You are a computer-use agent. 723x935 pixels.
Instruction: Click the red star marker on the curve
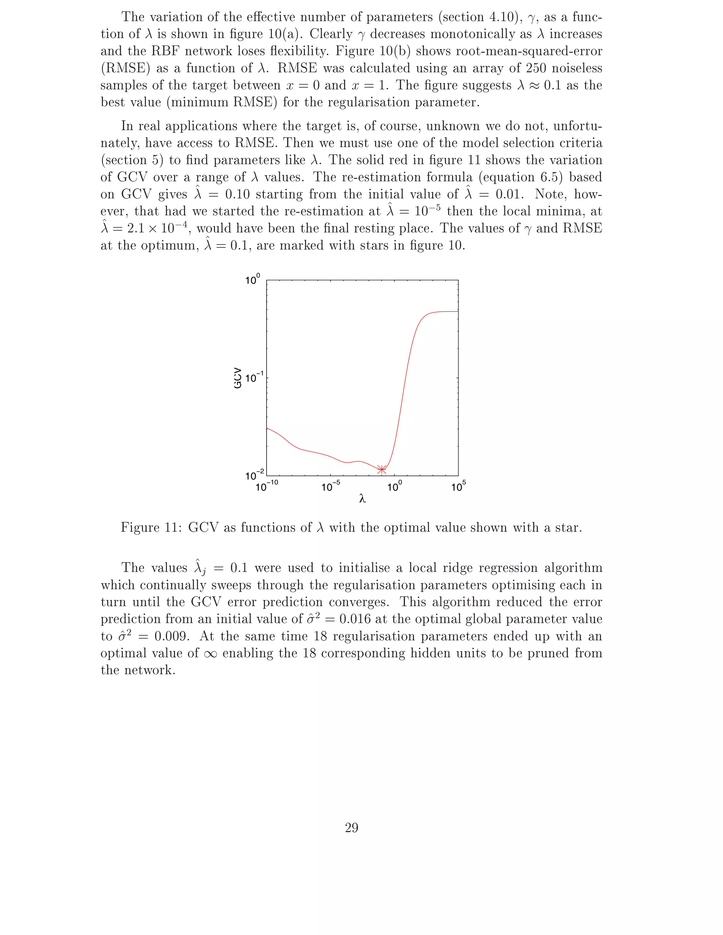pyautogui.click(x=382, y=470)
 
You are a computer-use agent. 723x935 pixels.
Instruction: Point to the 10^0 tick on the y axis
pyautogui.click(x=253, y=280)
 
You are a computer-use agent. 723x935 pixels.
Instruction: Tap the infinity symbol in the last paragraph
pyautogui.click(x=210, y=654)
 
